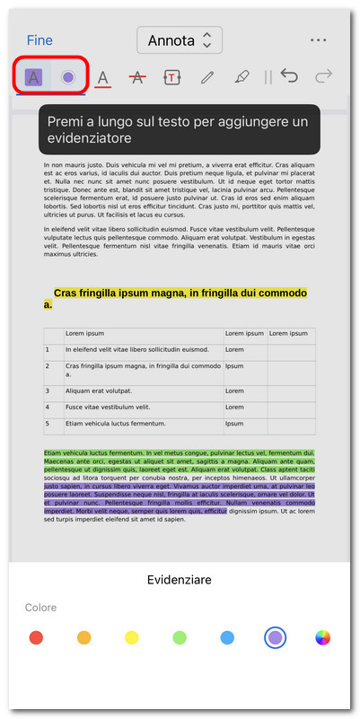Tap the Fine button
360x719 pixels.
click(x=40, y=40)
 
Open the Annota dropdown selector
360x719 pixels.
click(x=180, y=40)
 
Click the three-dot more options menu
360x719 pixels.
click(x=318, y=40)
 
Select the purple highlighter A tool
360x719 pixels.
click(x=34, y=77)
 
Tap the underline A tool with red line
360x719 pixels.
click(x=102, y=78)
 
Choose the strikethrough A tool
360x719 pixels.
click(x=136, y=78)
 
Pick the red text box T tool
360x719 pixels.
click(x=171, y=78)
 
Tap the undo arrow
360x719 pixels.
click(x=289, y=77)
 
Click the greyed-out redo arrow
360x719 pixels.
click(x=324, y=77)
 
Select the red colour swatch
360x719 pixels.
click(x=36, y=637)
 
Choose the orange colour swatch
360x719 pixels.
click(x=83, y=637)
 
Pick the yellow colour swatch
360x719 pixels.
click(x=131, y=637)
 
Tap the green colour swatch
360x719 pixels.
click(x=180, y=637)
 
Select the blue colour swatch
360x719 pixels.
click(x=227, y=637)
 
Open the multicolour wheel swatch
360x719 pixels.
click(x=323, y=637)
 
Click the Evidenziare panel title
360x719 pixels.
click(x=180, y=580)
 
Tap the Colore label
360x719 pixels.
click(x=41, y=608)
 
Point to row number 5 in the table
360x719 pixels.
click(x=53, y=423)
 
